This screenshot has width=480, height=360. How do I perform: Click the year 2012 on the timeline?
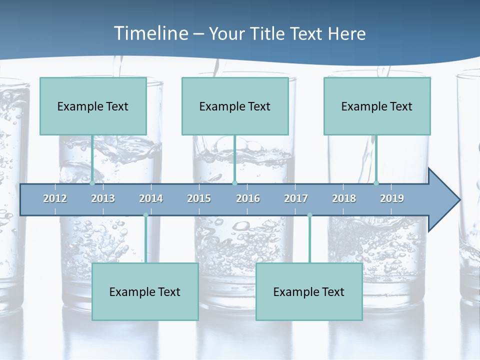(55, 198)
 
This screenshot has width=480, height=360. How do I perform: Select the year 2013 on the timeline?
(103, 198)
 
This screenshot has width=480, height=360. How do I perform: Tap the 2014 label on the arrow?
(151, 198)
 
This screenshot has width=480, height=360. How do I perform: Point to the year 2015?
(199, 198)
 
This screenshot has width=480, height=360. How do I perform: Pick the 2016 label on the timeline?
(248, 198)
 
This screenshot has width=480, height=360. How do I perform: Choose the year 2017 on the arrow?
(296, 198)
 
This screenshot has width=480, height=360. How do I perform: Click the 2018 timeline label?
(344, 198)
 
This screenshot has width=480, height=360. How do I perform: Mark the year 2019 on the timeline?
(392, 198)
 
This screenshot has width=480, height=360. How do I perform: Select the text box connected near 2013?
(93, 106)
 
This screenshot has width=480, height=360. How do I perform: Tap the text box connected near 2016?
(235, 106)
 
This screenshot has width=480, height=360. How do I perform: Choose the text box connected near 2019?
(377, 106)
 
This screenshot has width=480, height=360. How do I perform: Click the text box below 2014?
(145, 291)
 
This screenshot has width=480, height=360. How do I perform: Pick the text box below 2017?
(309, 291)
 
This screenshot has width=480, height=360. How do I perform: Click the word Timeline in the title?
(151, 33)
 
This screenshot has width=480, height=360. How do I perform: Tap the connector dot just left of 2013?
(92, 183)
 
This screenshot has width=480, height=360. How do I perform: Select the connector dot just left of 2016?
(234, 183)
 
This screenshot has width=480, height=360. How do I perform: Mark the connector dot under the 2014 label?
(145, 215)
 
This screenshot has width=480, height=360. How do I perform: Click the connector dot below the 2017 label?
(309, 215)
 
